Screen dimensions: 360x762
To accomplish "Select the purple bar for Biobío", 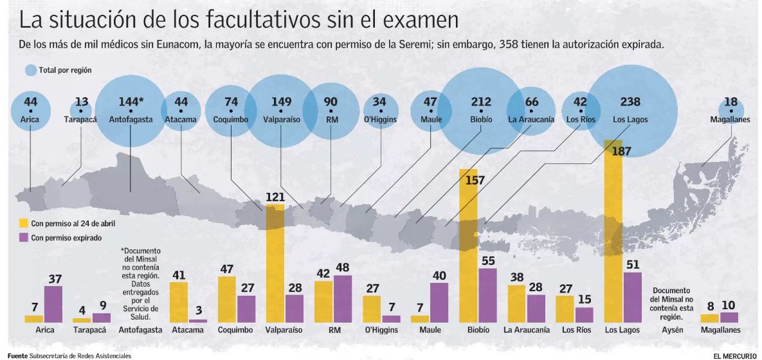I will (x=488, y=295).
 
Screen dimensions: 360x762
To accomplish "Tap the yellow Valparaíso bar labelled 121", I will (x=275, y=264).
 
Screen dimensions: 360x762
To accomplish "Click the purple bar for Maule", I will (x=439, y=302).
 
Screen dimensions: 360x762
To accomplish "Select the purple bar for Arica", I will (x=53, y=304).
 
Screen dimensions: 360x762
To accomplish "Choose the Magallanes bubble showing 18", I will (x=730, y=109).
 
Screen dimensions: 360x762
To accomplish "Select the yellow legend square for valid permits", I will (x=23, y=223).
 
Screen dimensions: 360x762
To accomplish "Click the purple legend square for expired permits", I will (x=23, y=237).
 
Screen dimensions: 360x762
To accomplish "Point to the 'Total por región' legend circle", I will (x=30, y=70).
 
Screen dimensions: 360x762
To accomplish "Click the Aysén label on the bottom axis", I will (x=671, y=330).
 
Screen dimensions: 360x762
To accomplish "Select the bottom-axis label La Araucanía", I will (x=527, y=330).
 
